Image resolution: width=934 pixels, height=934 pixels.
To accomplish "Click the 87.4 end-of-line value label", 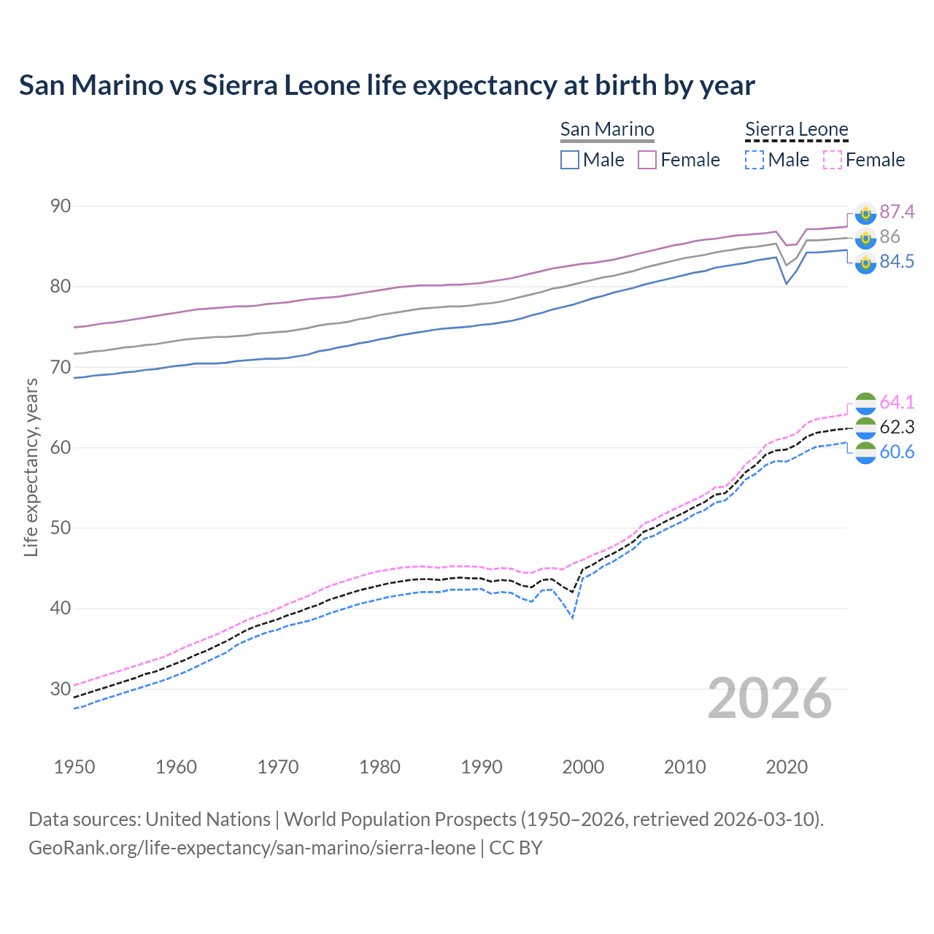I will (897, 212).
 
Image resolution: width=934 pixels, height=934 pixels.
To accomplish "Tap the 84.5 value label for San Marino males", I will (897, 262).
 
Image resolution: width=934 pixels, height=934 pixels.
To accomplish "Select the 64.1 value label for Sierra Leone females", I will (897, 403).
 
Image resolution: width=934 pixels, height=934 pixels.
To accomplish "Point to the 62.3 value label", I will (897, 428).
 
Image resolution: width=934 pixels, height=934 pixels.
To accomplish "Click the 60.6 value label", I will (897, 452).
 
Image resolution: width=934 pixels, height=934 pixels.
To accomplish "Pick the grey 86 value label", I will (889, 237).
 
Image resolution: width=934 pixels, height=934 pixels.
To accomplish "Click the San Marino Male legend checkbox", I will (570, 160).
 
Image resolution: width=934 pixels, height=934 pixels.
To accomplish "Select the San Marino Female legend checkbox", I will (647, 160).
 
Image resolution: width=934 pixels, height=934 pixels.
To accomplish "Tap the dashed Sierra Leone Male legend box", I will (754, 160).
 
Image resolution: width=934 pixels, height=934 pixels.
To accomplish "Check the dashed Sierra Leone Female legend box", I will (833, 160).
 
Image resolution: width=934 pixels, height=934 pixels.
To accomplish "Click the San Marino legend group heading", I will (607, 130).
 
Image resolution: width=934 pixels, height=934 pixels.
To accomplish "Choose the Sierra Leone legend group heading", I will (796, 130).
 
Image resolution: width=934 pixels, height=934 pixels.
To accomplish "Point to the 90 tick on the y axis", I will (61, 207).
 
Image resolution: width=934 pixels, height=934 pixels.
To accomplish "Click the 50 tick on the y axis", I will (61, 528).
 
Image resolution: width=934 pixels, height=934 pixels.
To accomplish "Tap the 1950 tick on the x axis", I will (74, 767).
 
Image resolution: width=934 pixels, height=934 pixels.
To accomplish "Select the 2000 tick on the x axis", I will (583, 767).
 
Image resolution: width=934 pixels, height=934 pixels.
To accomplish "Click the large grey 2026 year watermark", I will (770, 698).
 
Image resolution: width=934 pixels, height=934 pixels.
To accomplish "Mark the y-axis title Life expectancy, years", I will (31, 467).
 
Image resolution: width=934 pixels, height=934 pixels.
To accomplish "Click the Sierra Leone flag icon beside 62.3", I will (865, 428).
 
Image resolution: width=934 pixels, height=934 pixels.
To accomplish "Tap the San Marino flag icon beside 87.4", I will (865, 213).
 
